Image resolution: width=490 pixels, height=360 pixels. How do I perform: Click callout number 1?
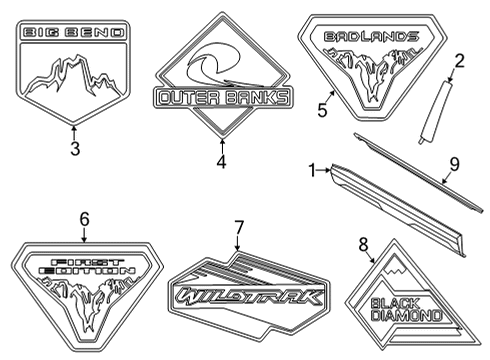point(313,171)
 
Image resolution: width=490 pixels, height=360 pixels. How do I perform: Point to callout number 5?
point(322,110)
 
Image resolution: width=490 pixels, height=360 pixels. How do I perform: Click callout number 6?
point(84,218)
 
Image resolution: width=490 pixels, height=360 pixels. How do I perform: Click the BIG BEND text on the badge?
point(74,34)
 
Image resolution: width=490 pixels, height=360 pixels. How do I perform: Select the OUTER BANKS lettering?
point(223,98)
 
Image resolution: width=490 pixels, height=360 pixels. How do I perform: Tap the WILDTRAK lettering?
point(248,297)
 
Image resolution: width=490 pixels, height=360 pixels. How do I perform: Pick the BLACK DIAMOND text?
point(406,310)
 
